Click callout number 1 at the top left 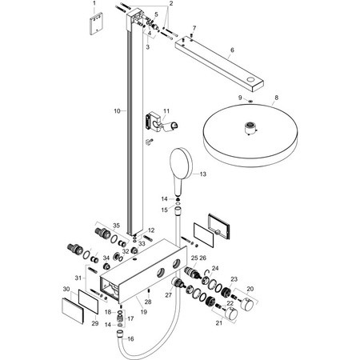click(x=94, y=4)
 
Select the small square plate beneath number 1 click(x=94, y=25)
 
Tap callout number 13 click(x=203, y=174)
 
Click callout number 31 click(x=77, y=277)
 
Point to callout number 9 click(x=217, y=98)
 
